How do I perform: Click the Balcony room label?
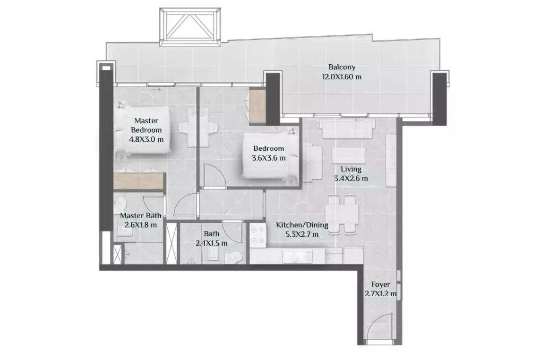pyautogui.click(x=342, y=67)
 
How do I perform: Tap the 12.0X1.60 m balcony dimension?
pyautogui.click(x=342, y=77)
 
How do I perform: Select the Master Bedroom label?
pyautogui.click(x=146, y=125)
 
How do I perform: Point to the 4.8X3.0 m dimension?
pyautogui.click(x=146, y=139)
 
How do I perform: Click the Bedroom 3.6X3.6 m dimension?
pyautogui.click(x=268, y=158)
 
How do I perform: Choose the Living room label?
pyautogui.click(x=351, y=169)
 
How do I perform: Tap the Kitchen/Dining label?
pyautogui.click(x=302, y=225)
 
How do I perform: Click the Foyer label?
pyautogui.click(x=381, y=285)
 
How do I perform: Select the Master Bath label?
pyautogui.click(x=141, y=216)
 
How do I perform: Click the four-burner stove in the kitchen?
pyautogui.click(x=258, y=235)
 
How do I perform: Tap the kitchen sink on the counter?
pyautogui.click(x=298, y=256)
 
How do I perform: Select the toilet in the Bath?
pyautogui.click(x=234, y=257)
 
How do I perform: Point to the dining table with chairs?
pyautogui.click(x=342, y=214)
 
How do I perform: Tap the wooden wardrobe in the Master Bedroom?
pyautogui.click(x=139, y=181)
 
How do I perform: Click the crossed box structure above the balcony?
pyautogui.click(x=190, y=27)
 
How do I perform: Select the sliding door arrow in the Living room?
pyautogui.click(x=360, y=120)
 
